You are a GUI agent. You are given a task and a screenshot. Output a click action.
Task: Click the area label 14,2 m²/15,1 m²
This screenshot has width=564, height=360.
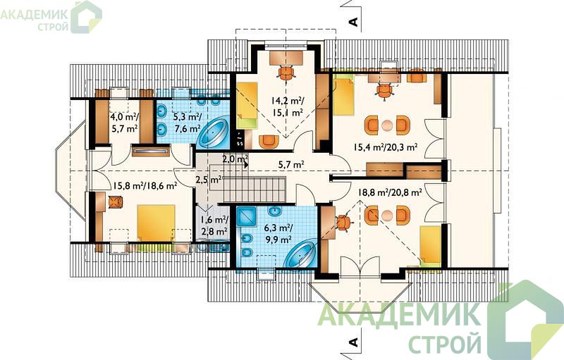click(287, 106)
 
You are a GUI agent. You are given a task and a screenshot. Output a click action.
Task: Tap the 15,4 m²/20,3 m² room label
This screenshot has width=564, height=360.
click(386, 147)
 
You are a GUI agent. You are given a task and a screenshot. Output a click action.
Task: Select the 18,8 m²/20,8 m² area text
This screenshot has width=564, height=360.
click(390, 192)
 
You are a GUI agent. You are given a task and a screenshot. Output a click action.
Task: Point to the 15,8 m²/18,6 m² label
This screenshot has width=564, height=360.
click(145, 185)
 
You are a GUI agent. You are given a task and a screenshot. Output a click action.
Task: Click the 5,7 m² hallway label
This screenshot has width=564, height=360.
click(291, 165)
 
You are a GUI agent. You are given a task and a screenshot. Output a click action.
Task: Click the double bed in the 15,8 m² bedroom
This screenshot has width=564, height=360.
click(155, 223)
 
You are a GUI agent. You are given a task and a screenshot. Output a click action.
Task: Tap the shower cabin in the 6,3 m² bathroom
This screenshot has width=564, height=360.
click(246, 216)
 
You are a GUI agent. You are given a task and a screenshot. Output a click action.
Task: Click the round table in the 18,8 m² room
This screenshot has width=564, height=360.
click(387, 216)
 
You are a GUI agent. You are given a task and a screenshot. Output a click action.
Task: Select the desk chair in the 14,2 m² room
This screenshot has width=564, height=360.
click(287, 73)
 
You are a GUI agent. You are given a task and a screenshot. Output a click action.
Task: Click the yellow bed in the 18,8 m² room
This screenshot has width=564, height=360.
click(431, 247)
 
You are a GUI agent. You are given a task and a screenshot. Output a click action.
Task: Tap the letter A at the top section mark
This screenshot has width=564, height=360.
click(354, 22)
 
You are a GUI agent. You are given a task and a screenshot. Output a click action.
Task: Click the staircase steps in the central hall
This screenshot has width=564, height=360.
click(255, 190)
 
